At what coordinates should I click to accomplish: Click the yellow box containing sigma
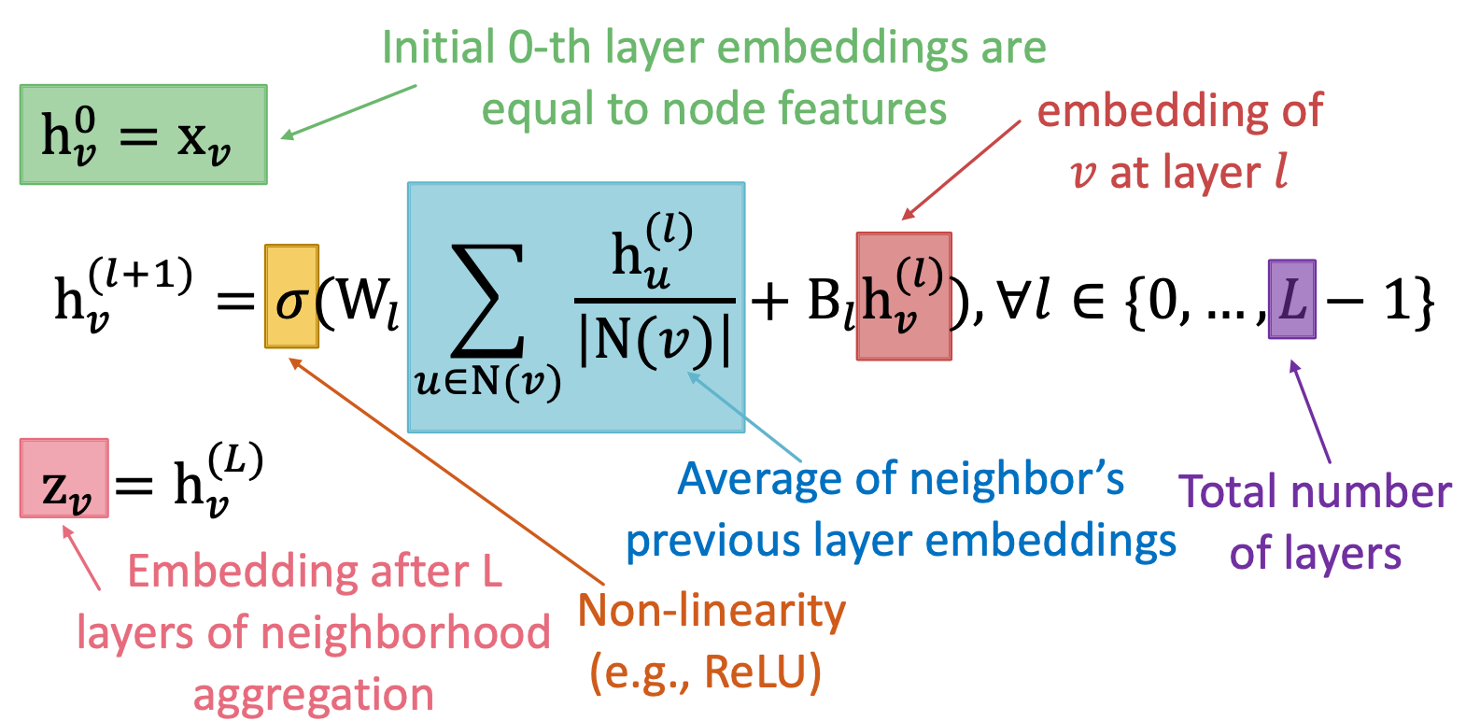pyautogui.click(x=291, y=296)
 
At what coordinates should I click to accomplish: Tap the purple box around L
pyautogui.click(x=1291, y=299)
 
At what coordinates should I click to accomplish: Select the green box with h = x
pyautogui.click(x=144, y=134)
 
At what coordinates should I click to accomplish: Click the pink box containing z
pyautogui.click(x=64, y=478)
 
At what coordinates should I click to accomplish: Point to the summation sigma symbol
pyautogui.click(x=486, y=301)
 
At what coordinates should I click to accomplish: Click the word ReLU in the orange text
pyautogui.click(x=762, y=672)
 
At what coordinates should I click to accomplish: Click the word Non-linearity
pyautogui.click(x=712, y=611)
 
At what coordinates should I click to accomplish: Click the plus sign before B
pyautogui.click(x=770, y=302)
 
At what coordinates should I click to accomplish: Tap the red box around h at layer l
pyautogui.click(x=903, y=296)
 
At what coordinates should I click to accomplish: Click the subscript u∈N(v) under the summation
pyautogui.click(x=487, y=381)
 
